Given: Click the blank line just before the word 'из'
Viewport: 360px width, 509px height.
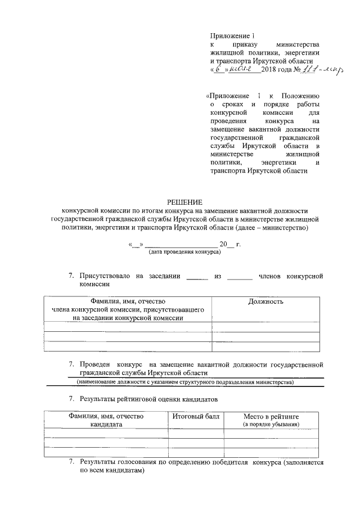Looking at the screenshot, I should point(196,277).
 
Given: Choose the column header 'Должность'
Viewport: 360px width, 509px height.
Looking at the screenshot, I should point(265,301).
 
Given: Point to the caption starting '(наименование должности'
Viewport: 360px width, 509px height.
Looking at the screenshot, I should point(185,382).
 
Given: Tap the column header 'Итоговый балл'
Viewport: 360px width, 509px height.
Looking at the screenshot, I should point(196,416).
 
